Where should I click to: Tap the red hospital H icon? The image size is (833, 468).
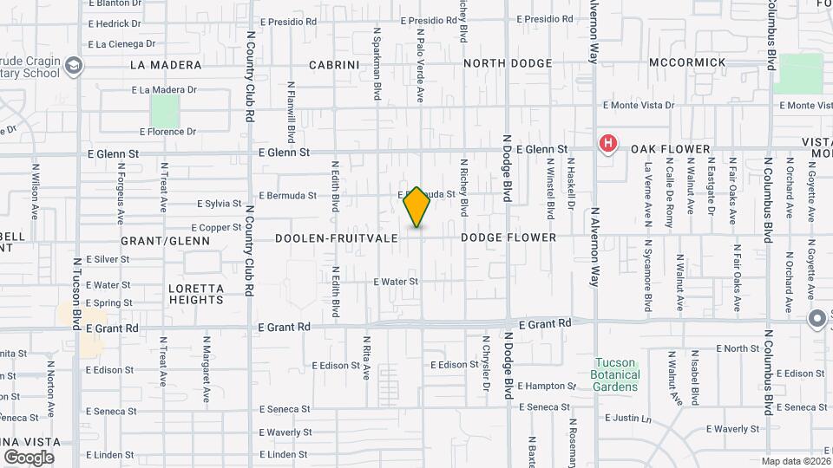(608, 143)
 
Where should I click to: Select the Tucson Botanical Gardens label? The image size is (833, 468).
(616, 374)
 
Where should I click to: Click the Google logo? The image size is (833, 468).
(29, 457)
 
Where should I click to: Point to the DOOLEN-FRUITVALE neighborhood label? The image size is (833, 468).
(336, 237)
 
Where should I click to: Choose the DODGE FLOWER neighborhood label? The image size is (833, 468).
(508, 237)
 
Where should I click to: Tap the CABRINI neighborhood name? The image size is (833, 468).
(334, 64)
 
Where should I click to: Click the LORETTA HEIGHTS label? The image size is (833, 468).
(196, 294)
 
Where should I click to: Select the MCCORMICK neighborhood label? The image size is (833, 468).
(687, 62)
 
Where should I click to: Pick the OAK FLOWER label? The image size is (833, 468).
(671, 149)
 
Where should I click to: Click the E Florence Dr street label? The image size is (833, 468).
(168, 132)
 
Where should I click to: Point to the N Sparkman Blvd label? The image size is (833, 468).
(377, 63)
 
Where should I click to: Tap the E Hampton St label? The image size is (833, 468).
(547, 386)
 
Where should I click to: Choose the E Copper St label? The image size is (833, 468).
(213, 227)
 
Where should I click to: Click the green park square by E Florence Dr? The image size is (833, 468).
(165, 110)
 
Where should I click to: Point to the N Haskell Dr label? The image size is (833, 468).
(572, 187)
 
